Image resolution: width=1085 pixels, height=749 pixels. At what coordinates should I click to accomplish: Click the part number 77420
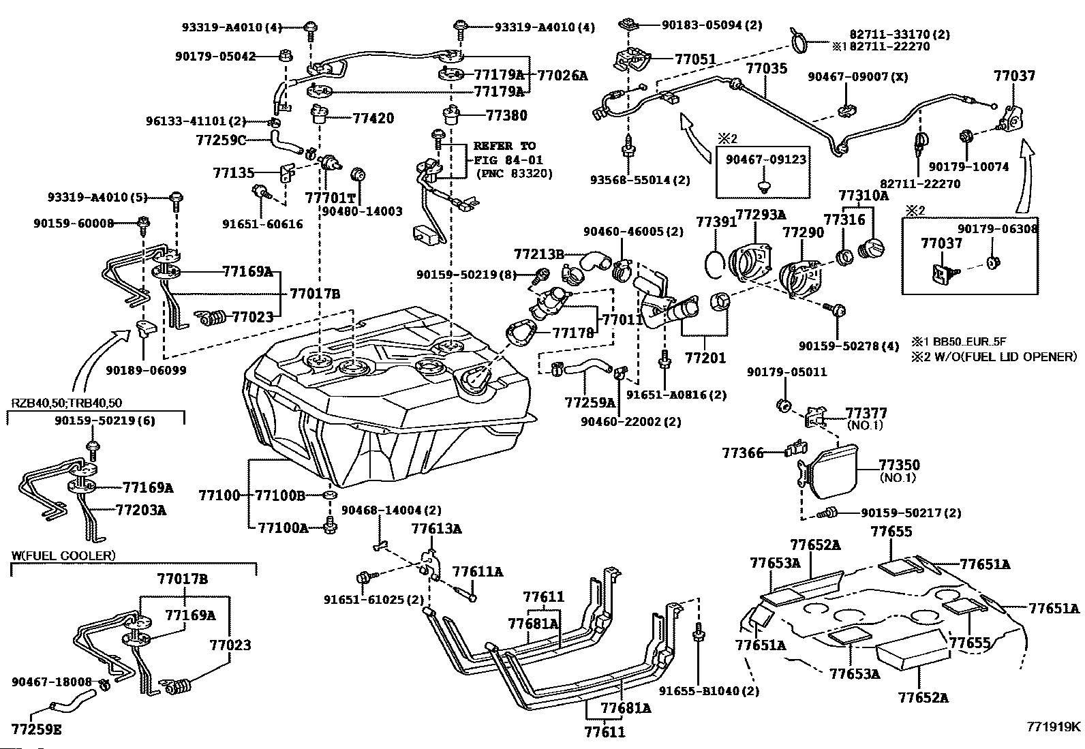point(373,118)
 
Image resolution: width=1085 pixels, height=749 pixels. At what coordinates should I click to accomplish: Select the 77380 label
point(506,116)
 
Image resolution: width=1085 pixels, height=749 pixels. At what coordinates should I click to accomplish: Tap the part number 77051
point(696,59)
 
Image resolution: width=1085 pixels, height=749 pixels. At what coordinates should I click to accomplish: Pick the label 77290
point(803,232)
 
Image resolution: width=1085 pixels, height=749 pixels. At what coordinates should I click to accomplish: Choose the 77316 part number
point(844,220)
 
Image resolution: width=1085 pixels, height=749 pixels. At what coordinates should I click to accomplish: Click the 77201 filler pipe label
point(705,357)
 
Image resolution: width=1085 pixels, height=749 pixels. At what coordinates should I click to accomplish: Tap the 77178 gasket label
point(572,333)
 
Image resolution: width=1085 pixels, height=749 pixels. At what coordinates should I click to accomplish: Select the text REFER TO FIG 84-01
point(504,153)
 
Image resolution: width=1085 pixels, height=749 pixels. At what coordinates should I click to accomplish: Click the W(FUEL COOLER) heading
point(63,555)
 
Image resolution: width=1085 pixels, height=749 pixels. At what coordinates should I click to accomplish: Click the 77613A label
point(436,528)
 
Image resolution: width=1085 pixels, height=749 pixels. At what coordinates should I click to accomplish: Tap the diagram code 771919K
point(1054,726)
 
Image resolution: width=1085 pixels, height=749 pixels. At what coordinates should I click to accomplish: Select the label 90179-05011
point(786,372)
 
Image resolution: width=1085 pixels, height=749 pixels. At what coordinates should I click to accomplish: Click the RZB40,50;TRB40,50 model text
point(67,403)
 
